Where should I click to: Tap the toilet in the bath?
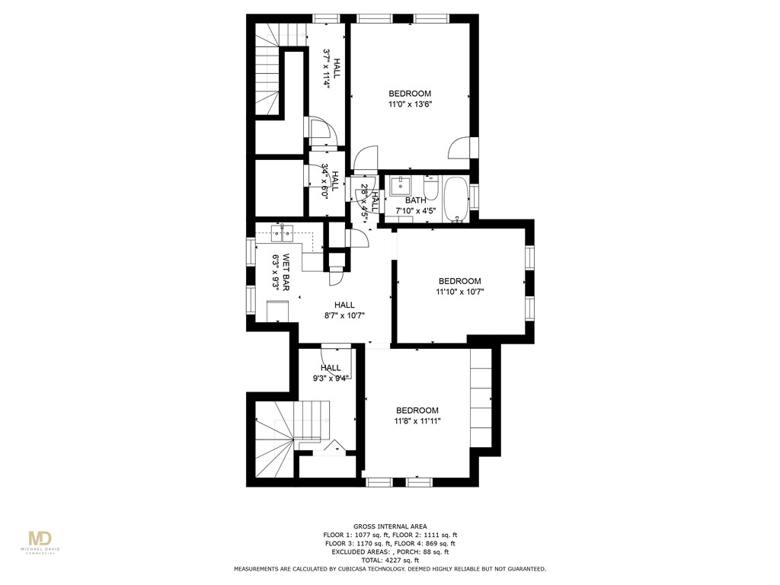431,187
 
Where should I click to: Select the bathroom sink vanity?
399,186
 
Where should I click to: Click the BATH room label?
415,200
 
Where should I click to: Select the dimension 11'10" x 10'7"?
459,291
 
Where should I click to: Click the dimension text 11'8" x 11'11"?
417,420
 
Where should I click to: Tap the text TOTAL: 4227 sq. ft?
389,560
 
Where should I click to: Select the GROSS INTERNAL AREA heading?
389,526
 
